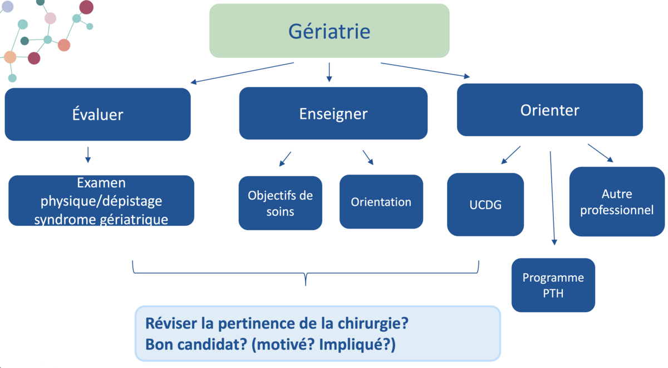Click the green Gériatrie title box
click(329, 31)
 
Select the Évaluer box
click(97, 114)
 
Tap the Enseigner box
click(333, 114)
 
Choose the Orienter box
click(549, 110)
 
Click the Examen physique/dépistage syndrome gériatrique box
click(101, 201)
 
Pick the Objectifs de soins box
click(280, 204)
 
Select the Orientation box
click(381, 202)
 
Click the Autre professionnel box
click(616, 202)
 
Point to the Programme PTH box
click(553, 285)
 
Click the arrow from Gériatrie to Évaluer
click(242, 73)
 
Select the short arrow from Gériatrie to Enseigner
click(329, 72)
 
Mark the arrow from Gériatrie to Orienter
click(425, 70)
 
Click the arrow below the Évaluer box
click(88, 154)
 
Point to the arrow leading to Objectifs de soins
click(285, 159)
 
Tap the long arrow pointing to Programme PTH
click(552, 198)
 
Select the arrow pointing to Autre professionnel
click(600, 153)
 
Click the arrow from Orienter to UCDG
click(511, 155)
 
